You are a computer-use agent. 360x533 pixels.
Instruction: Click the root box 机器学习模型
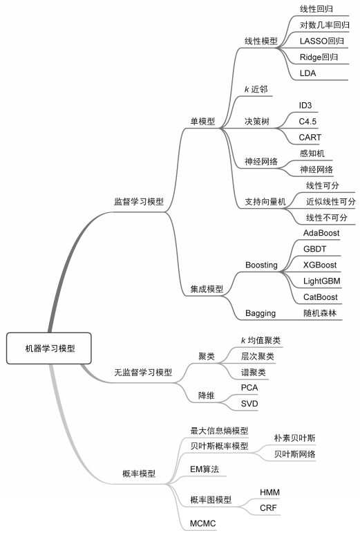click(49, 348)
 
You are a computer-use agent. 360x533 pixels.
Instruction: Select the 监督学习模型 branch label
click(139, 202)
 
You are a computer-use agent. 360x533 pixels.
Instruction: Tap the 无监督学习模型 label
click(142, 372)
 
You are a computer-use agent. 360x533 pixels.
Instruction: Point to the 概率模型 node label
click(139, 473)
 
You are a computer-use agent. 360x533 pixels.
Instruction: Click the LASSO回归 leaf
click(321, 41)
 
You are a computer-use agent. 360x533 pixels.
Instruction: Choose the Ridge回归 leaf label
click(319, 57)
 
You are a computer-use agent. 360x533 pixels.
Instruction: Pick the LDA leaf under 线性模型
click(307, 73)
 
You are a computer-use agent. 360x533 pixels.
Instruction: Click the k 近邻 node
click(256, 89)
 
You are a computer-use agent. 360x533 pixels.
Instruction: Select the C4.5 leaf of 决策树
click(307, 122)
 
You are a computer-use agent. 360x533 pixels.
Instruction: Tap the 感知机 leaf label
click(312, 153)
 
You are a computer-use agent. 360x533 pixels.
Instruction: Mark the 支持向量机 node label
click(265, 202)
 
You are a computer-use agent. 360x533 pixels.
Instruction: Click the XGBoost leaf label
click(320, 265)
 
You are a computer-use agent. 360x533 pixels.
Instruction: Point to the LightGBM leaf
click(321, 281)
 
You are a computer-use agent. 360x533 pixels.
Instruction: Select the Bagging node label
click(260, 313)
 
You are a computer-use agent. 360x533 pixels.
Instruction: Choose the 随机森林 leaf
click(320, 312)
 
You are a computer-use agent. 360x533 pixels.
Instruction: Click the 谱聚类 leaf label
click(253, 372)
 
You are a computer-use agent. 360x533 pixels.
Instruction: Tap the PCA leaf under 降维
click(249, 388)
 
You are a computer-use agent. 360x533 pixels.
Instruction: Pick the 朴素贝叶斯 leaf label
click(295, 438)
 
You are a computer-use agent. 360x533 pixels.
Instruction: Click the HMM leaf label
click(269, 492)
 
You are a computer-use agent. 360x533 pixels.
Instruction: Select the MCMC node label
click(202, 523)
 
